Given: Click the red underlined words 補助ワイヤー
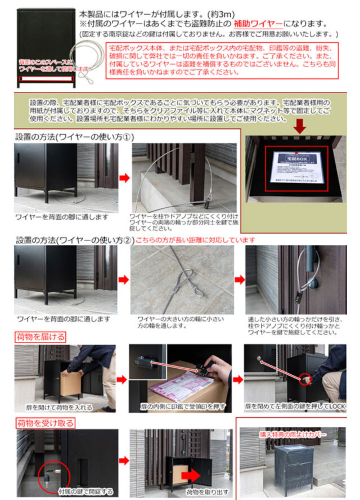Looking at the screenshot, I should [259, 24].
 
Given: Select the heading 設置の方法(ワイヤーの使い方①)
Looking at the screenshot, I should [74, 137].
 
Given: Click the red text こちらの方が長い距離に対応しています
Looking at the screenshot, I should [195, 239].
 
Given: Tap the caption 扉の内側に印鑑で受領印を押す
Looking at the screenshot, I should [181, 405].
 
